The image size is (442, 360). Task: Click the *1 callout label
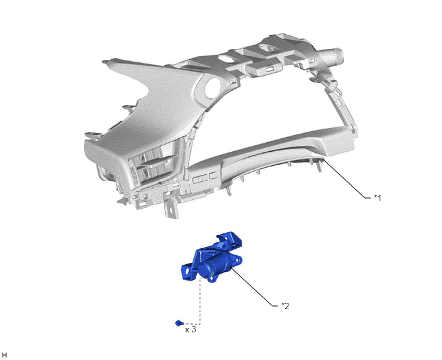(x=378, y=198)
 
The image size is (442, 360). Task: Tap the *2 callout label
(x=285, y=306)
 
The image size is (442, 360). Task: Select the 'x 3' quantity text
(x=190, y=330)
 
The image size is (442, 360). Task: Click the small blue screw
(x=179, y=323)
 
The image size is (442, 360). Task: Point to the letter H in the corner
(x=4, y=355)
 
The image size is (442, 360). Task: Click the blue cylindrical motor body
(x=215, y=266)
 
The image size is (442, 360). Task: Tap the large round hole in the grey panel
(x=213, y=88)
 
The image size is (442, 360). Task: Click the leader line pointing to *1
(x=346, y=179)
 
